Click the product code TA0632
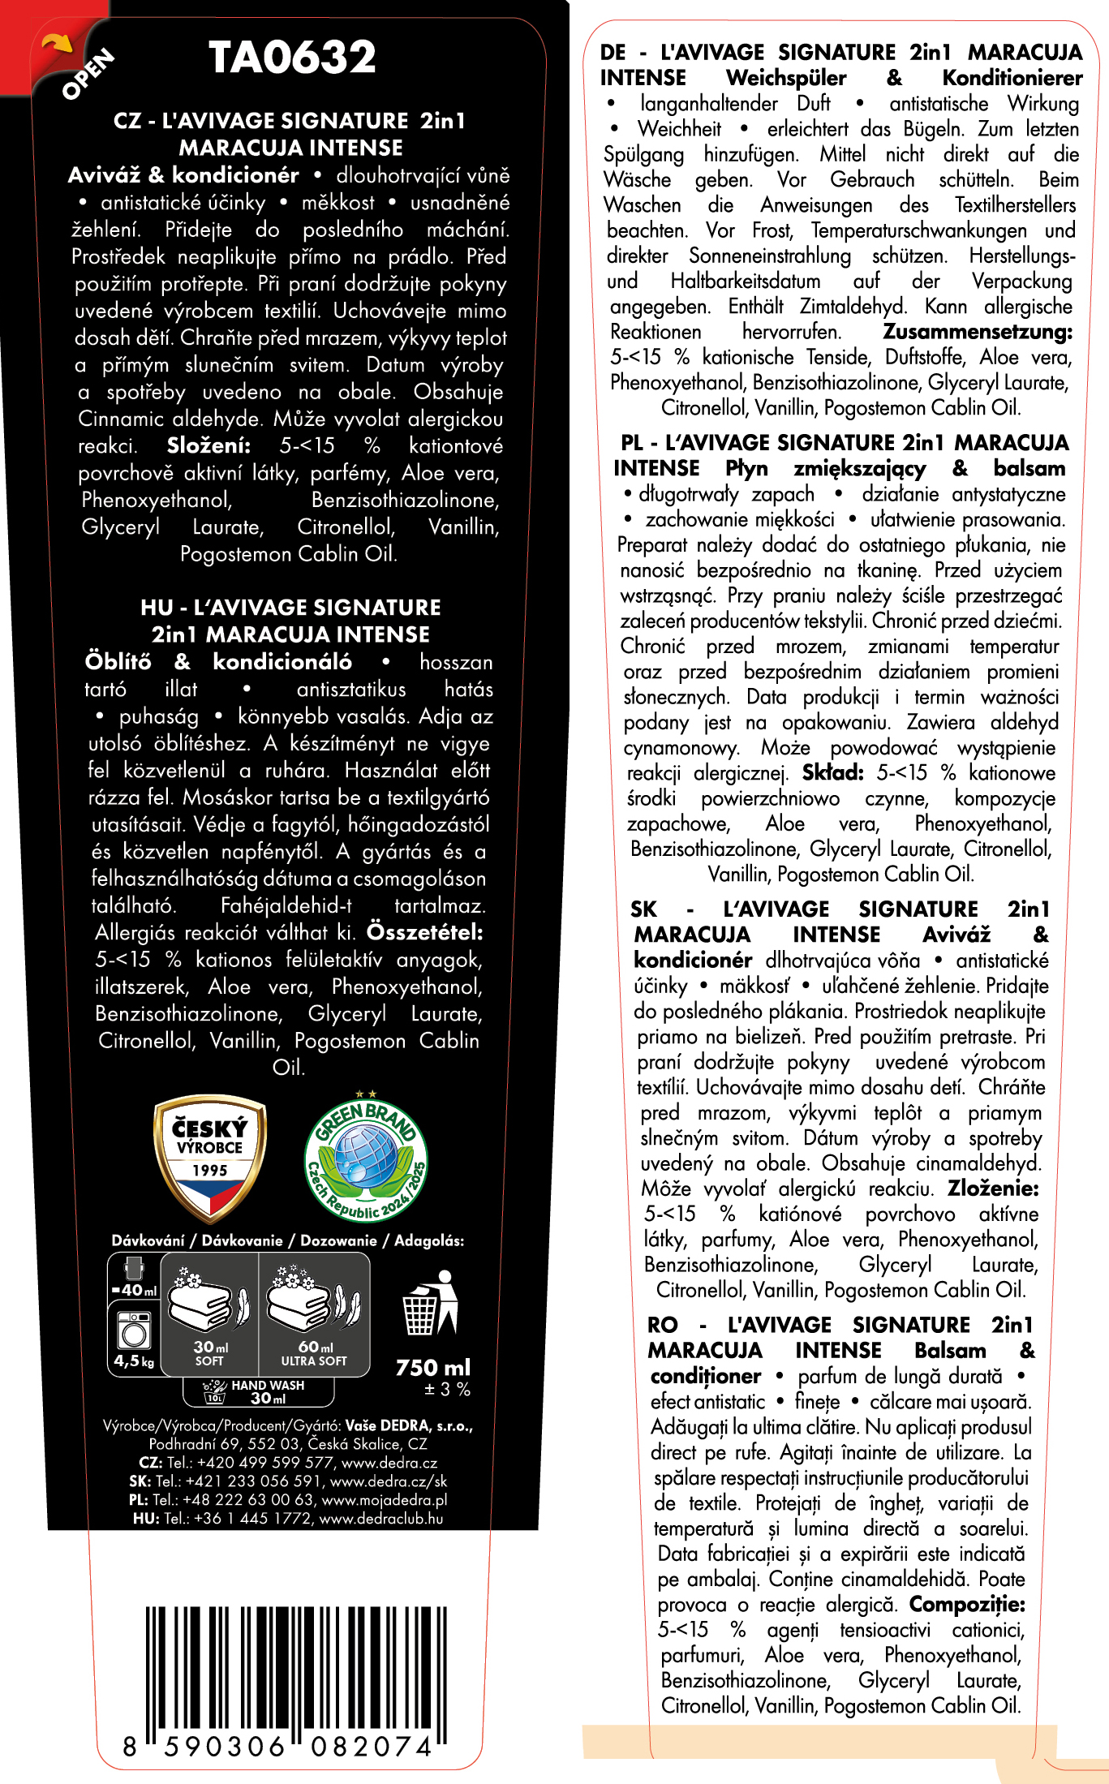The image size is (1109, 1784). pyautogui.click(x=292, y=58)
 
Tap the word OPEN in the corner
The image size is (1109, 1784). pyautogui.click(x=88, y=75)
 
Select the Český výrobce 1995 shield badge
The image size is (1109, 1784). pyautogui.click(x=210, y=1158)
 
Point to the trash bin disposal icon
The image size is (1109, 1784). pyautogui.click(x=430, y=1304)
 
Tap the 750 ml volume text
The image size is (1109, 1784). pyautogui.click(x=432, y=1368)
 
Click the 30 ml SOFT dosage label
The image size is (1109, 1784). pyautogui.click(x=210, y=1352)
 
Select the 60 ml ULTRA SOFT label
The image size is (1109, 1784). pyautogui.click(x=314, y=1352)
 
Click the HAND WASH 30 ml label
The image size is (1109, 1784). pyautogui.click(x=267, y=1391)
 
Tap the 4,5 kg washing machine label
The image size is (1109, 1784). pyautogui.click(x=134, y=1361)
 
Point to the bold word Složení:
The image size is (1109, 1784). pyautogui.click(x=208, y=445)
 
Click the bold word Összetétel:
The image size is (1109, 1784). pyautogui.click(x=424, y=932)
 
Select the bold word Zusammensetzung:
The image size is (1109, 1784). pyautogui.click(x=977, y=332)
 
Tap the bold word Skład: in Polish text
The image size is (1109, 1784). pyautogui.click(x=832, y=772)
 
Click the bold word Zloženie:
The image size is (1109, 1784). pyautogui.click(x=993, y=1189)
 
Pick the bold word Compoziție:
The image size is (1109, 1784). pyautogui.click(x=966, y=1604)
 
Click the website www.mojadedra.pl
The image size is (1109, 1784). pyautogui.click(x=385, y=1500)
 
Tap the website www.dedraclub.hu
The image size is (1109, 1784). pyautogui.click(x=381, y=1519)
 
